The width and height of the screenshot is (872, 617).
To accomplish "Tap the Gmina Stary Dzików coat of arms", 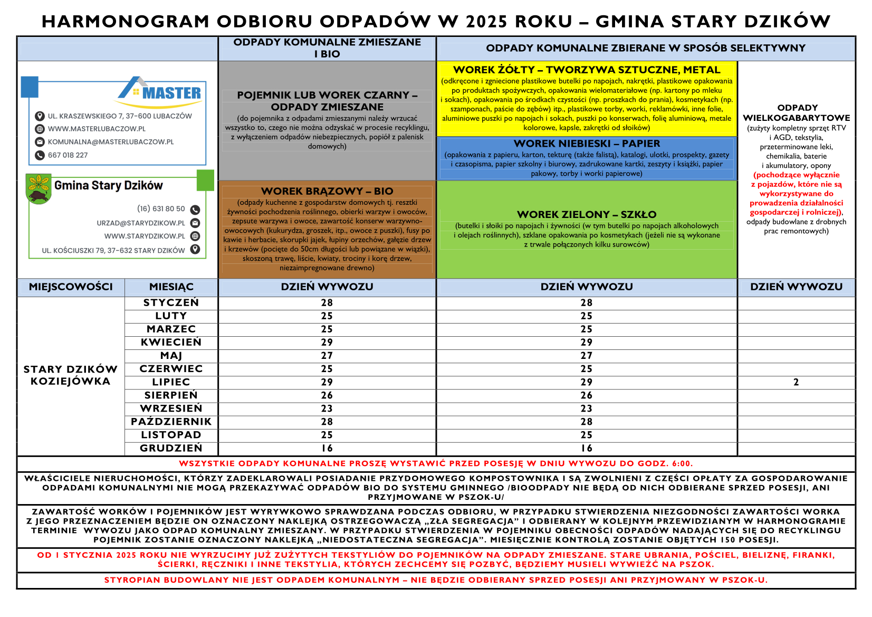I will click(x=38, y=188).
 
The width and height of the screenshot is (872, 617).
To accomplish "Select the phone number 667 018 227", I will click(x=68, y=155).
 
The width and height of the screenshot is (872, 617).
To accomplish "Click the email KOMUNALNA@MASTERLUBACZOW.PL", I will click(x=110, y=142).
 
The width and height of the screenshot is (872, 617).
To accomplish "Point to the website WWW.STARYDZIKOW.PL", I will click(x=144, y=236).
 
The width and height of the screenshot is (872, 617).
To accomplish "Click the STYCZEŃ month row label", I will click(x=171, y=303).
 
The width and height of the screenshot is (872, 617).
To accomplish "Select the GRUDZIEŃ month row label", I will click(x=171, y=448).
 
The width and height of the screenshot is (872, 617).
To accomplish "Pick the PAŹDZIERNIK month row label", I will click(x=171, y=422).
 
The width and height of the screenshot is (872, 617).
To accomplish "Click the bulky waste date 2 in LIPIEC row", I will click(x=796, y=382).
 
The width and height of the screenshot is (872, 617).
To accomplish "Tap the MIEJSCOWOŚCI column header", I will click(x=71, y=287).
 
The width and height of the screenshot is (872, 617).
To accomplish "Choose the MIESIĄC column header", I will click(x=171, y=287).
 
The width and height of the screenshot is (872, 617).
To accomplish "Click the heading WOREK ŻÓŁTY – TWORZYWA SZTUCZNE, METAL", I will click(x=586, y=70).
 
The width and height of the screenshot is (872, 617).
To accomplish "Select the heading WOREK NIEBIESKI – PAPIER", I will click(x=587, y=144).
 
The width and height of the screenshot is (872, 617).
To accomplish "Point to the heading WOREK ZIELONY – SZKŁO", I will click(x=587, y=214).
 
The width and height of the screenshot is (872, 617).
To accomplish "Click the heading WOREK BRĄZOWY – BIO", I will click(x=327, y=191).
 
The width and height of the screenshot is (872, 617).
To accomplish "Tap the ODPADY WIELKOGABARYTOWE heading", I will click(x=797, y=112).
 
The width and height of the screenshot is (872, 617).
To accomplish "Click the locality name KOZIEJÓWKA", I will click(x=71, y=382).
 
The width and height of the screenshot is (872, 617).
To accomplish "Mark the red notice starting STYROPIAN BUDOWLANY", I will click(x=436, y=580).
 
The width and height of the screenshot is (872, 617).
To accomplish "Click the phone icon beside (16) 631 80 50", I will click(x=195, y=210).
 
